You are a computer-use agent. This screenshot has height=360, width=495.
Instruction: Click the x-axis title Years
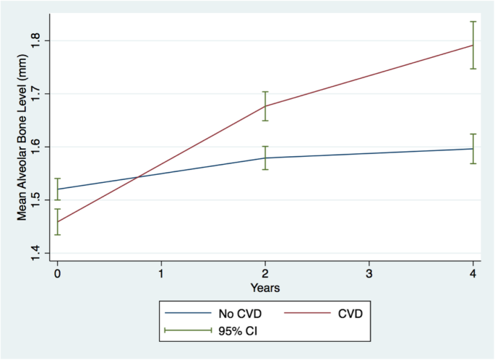265,288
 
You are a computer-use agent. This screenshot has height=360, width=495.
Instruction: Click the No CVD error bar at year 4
473,148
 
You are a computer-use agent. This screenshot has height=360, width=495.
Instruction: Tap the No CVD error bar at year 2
265,158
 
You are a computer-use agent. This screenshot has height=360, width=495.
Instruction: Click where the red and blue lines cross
138,177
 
